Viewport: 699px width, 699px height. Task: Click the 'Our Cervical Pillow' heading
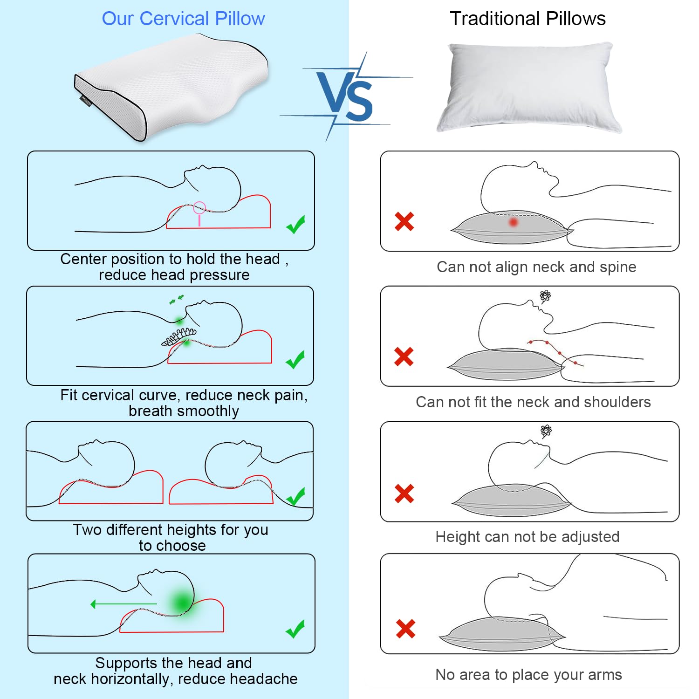click(x=183, y=19)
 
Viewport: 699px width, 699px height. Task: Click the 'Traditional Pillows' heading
click(x=528, y=19)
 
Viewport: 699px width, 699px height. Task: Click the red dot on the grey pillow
click(x=514, y=222)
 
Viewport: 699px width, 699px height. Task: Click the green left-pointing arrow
click(x=123, y=604)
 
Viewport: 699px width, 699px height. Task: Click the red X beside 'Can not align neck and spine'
click(x=404, y=221)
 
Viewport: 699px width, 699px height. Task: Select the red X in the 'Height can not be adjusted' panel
click(x=404, y=493)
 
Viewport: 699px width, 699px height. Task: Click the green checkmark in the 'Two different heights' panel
click(x=295, y=496)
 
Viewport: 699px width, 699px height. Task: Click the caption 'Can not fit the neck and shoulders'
click(x=533, y=402)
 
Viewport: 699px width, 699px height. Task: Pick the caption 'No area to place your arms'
click(x=528, y=674)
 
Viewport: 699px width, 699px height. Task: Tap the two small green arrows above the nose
click(x=177, y=299)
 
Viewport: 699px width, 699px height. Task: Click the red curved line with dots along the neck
click(x=555, y=352)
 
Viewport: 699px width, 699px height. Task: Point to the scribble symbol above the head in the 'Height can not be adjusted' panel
click(x=546, y=431)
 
